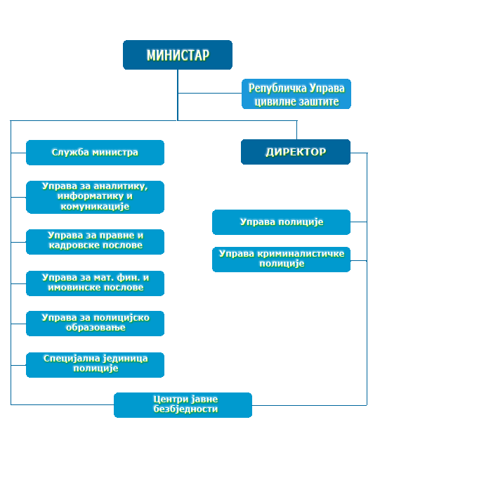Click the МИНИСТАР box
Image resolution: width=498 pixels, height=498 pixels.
178,55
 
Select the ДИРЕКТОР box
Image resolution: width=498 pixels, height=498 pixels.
296,152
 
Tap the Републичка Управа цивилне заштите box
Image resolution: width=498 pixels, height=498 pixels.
296,94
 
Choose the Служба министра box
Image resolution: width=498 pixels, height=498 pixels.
95,153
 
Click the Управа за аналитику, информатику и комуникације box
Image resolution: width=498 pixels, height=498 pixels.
95,197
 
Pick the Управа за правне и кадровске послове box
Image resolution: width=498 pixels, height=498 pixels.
95,241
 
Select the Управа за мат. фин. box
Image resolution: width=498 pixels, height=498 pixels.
95,283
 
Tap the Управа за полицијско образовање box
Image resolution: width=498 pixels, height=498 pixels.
95,324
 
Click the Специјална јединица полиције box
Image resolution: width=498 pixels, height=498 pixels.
95,364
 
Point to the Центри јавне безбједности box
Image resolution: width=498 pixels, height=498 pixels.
183,404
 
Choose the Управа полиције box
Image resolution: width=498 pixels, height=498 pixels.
281,222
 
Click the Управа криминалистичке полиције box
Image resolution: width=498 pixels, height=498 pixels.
281,259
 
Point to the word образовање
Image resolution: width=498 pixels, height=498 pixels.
95,328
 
